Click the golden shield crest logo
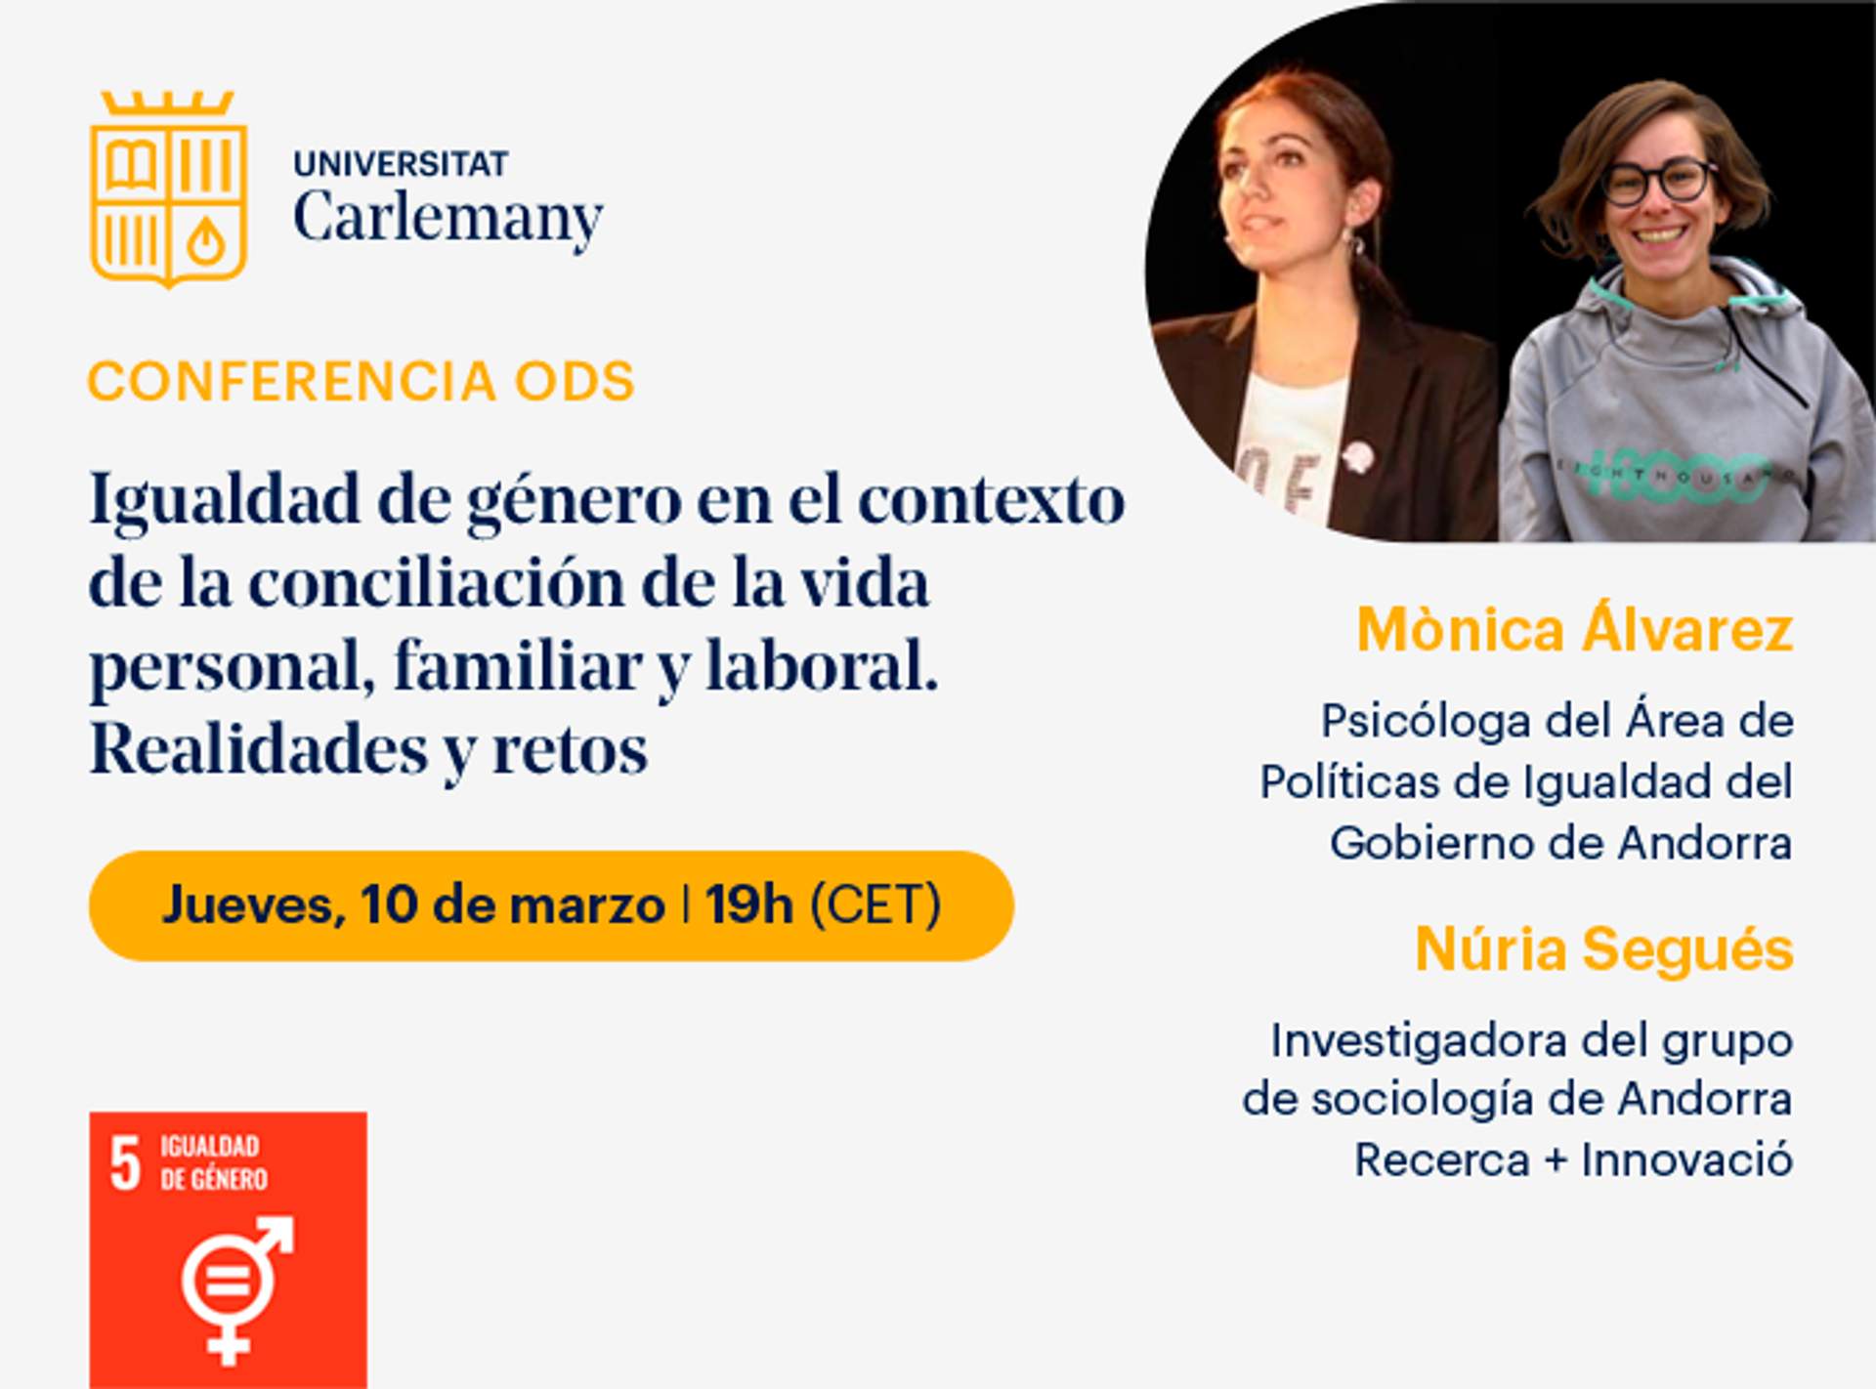tap(168, 189)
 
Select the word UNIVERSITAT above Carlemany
tap(401, 163)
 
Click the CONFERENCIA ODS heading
tap(362, 381)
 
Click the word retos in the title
tap(570, 750)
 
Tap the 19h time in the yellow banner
tap(749, 905)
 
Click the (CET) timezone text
tap(875, 905)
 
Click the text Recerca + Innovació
tap(1573, 1160)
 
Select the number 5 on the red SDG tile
tap(125, 1163)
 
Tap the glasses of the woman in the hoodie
tap(1657, 182)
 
